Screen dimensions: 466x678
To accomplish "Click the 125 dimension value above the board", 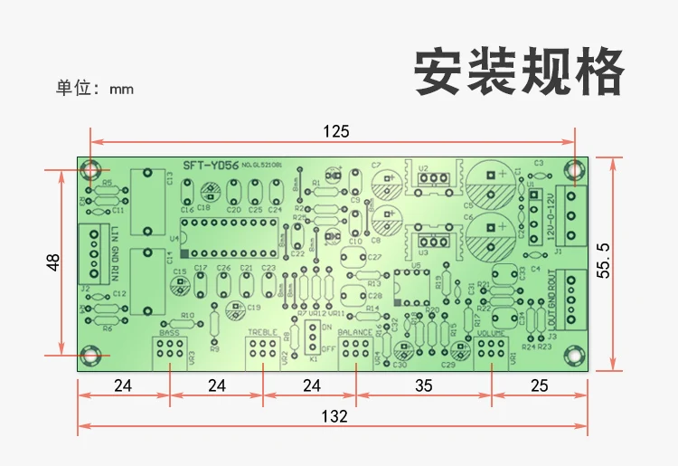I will (x=335, y=131).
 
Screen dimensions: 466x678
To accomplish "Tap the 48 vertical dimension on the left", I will (x=53, y=262).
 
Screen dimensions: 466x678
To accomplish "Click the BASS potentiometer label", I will (x=170, y=333).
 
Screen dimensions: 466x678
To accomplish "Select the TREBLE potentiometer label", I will (x=262, y=333).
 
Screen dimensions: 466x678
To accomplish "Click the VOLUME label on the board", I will (x=493, y=333).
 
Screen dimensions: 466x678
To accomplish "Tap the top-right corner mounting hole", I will (x=575, y=169).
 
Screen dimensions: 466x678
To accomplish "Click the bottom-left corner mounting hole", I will (x=89, y=357).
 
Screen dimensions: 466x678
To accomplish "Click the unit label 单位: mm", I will (x=95, y=89).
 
